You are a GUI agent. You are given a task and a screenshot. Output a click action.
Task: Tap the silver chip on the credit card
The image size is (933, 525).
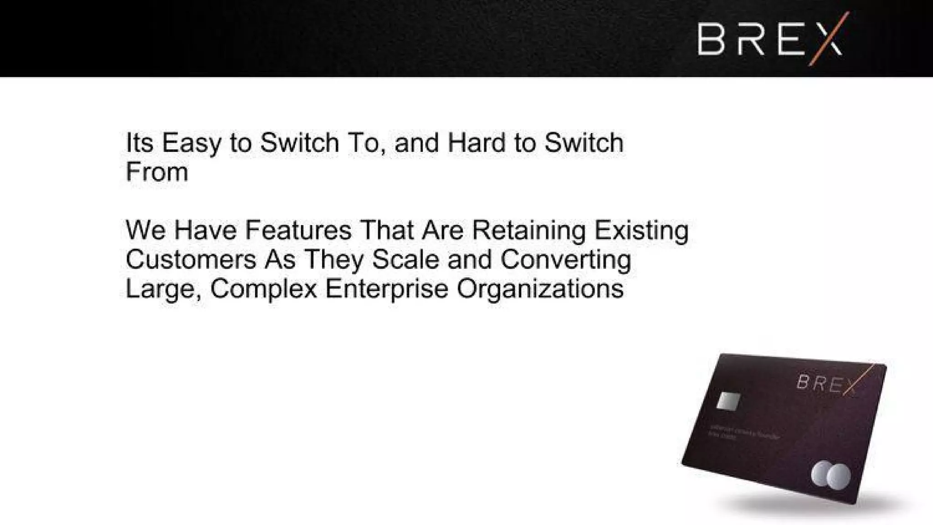728,401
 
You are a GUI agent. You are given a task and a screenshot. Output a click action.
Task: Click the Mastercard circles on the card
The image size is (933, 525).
830,476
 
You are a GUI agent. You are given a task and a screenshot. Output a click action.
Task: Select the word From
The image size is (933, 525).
157,172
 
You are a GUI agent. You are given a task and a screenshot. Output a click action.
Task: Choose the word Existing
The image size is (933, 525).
641,230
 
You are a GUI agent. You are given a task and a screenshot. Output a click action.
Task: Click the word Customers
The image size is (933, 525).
191,259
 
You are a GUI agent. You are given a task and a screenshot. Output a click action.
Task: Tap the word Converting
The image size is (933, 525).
565,259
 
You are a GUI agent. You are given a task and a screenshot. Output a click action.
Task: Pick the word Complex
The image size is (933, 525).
264,288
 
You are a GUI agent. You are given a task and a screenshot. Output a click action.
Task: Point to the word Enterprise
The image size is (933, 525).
387,288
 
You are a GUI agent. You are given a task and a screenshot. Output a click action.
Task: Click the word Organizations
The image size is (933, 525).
540,288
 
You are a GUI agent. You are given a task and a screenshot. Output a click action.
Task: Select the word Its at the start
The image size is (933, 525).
139,143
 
